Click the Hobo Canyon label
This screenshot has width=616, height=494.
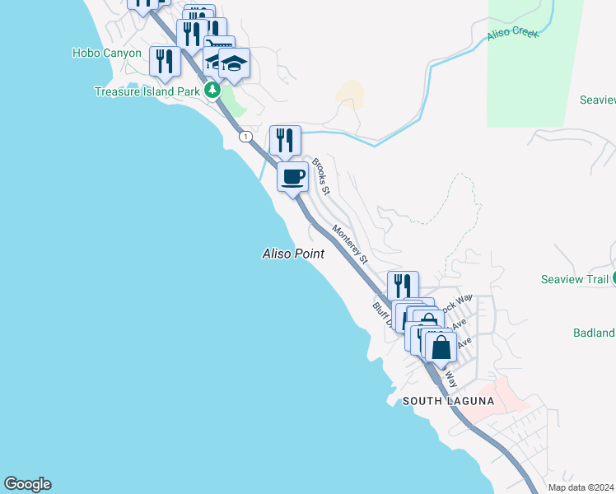pyautogui.click(x=106, y=53)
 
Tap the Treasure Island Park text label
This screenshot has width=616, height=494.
pyautogui.click(x=146, y=91)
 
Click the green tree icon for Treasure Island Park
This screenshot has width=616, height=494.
pyautogui.click(x=212, y=90)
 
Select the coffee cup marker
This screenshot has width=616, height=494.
pyautogui.click(x=292, y=175)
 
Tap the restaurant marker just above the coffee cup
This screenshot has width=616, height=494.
pyautogui.click(x=285, y=139)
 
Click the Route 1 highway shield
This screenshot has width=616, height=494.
pyautogui.click(x=245, y=137)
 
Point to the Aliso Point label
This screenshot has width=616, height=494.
pyautogui.click(x=292, y=254)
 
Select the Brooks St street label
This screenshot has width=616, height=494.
pyautogui.click(x=320, y=176)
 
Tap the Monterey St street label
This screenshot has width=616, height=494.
pyautogui.click(x=349, y=244)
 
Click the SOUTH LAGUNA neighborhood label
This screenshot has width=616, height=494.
pyautogui.click(x=448, y=401)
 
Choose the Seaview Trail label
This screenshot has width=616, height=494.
pyautogui.click(x=574, y=279)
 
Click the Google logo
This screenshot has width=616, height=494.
pyautogui.click(x=27, y=484)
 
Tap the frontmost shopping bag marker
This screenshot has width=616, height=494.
pyautogui.click(x=441, y=346)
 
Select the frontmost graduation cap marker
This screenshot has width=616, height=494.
pyautogui.click(x=234, y=63)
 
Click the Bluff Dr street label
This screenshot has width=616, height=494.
pyautogui.click(x=381, y=314)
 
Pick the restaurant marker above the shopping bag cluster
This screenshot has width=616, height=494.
pyautogui.click(x=403, y=286)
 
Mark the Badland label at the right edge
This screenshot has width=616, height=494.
pyautogui.click(x=594, y=333)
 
